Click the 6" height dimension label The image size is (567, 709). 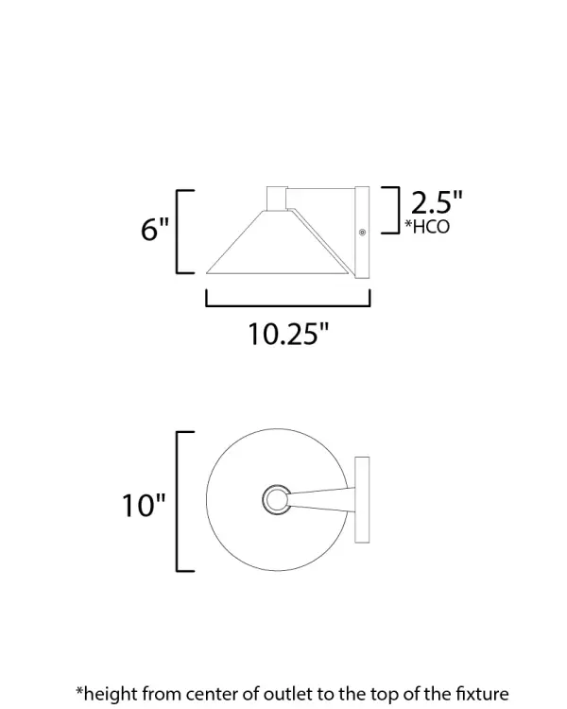pos(154,230)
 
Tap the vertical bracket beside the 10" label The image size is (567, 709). pos(180,501)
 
